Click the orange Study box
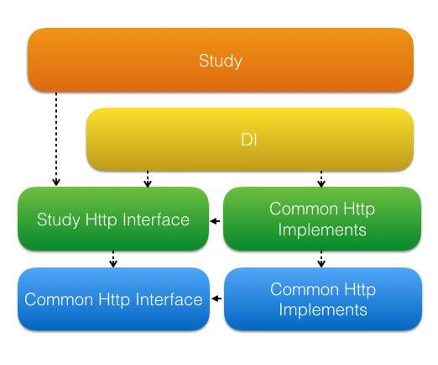tap(221, 60)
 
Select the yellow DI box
tap(250, 140)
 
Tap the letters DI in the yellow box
tap(249, 140)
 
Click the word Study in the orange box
tap(220, 61)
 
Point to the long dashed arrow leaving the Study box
tap(56, 139)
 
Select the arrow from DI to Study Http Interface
tap(148, 179)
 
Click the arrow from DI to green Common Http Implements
tap(321, 179)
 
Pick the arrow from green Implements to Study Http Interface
tap(216, 221)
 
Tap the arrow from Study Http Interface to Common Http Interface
tap(113, 259)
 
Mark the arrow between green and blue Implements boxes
tap(321, 259)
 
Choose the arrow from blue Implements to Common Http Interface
tap(216, 299)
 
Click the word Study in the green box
tap(59, 220)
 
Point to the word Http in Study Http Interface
tap(102, 220)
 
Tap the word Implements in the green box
tap(322, 230)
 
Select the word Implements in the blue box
tap(323, 310)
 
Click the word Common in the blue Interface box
tap(59, 299)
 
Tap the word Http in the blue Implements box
tap(360, 290)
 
